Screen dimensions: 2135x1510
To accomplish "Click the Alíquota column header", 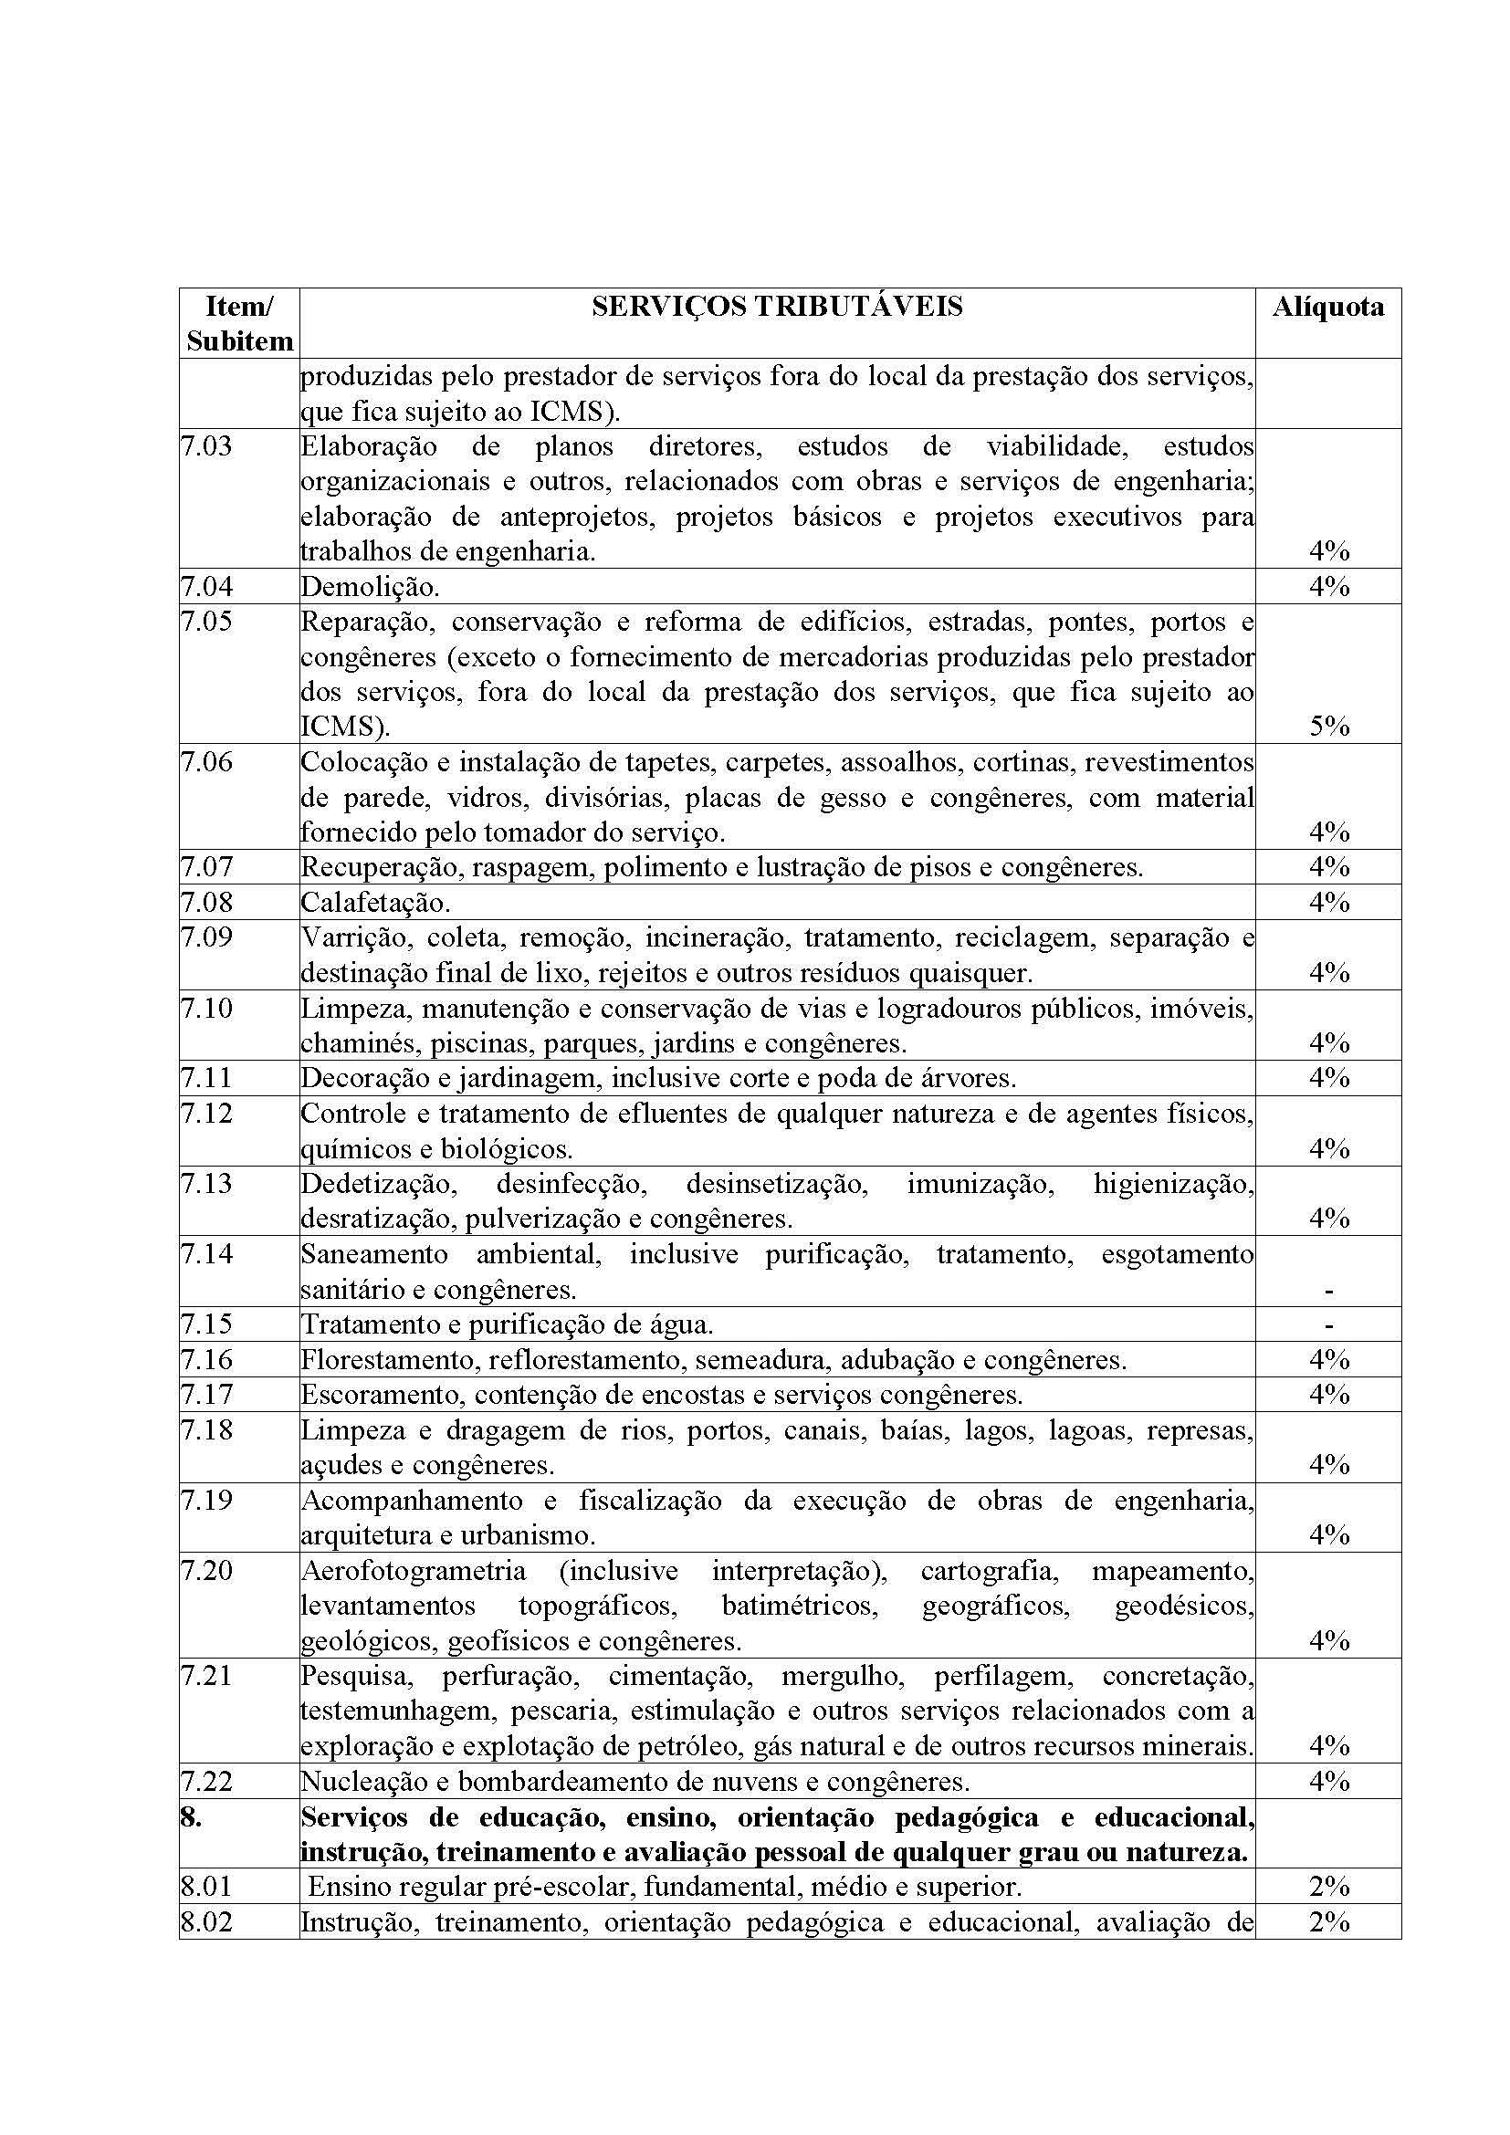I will (x=1327, y=307).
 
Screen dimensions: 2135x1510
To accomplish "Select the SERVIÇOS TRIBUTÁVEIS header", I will (x=776, y=307).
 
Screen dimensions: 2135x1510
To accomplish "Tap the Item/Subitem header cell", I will (x=239, y=324).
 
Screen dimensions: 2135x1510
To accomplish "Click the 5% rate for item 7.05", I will (x=1328, y=727).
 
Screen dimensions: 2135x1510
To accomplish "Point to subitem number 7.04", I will (x=206, y=587).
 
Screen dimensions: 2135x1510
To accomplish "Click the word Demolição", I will (x=369, y=587).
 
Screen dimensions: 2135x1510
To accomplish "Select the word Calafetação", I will (x=374, y=902).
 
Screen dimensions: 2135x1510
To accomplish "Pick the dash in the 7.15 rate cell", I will (x=1328, y=1324).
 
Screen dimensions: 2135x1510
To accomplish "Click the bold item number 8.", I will (x=191, y=1817).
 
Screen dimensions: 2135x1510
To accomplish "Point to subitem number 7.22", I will (x=206, y=1782).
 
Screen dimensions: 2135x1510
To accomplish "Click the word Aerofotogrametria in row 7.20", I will (x=414, y=1572).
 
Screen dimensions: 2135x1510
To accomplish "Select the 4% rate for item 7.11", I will (x=1328, y=1078).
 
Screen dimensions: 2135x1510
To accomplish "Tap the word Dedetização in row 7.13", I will (x=379, y=1184).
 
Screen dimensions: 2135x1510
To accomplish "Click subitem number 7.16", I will (x=206, y=1359).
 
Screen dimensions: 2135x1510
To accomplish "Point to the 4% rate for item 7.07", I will (x=1328, y=866).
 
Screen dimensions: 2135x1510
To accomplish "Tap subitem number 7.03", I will (x=206, y=446).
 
